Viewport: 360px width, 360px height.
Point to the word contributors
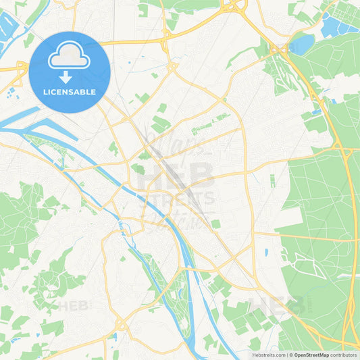344,355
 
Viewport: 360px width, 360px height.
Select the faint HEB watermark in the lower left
74,305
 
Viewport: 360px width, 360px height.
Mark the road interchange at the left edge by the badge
20,68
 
